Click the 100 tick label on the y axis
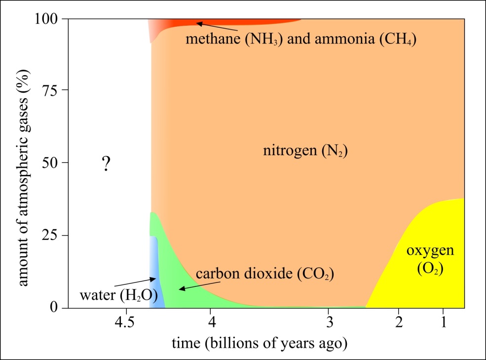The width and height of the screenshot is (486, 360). (x=47, y=19)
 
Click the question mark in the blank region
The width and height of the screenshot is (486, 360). (x=105, y=163)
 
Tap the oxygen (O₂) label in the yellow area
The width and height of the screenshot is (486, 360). (x=430, y=259)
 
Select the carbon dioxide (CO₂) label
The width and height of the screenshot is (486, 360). (x=265, y=274)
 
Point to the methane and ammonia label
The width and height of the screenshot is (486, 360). (x=301, y=39)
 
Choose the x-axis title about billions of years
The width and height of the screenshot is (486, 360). (x=259, y=343)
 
